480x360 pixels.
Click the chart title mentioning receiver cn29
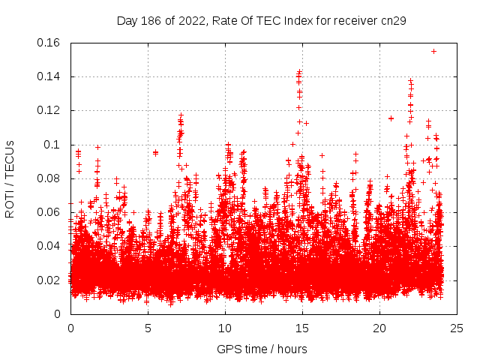[262, 21]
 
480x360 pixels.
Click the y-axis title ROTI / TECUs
[10, 178]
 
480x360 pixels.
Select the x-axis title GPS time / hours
[262, 349]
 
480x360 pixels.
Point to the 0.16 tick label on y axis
[49, 43]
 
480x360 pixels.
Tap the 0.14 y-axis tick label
[49, 76]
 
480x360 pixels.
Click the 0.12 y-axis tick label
[49, 110]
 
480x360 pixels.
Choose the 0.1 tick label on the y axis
[52, 144]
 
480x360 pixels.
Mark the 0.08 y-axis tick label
[49, 178]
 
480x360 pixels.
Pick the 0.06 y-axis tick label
[49, 212]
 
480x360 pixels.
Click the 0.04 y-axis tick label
[49, 246]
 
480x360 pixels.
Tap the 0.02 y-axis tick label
[49, 280]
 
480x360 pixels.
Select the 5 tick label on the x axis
[148, 328]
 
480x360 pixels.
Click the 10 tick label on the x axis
[225, 328]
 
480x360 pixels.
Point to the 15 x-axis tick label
[302, 328]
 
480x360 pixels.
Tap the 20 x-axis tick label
[379, 328]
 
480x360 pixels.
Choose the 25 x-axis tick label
[457, 328]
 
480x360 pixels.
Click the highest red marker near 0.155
[433, 51]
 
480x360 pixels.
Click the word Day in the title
[127, 21]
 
